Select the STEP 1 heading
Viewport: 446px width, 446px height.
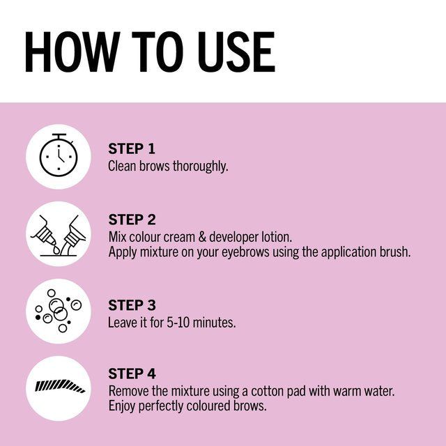[x=132, y=148]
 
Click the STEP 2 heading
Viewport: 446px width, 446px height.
[x=132, y=220]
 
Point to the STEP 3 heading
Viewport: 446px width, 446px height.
[x=132, y=305]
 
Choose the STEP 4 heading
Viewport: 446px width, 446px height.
[x=132, y=374]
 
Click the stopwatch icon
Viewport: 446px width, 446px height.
[x=59, y=155]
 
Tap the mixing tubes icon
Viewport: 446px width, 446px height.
[x=59, y=236]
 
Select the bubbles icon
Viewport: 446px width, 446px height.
[x=59, y=311]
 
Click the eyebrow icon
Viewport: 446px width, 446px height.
[x=60, y=386]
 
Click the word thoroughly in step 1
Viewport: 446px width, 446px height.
[x=201, y=167]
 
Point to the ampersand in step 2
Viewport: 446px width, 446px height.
[x=202, y=237]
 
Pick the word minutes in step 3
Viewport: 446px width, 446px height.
[x=214, y=323]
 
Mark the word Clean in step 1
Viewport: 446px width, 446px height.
[x=122, y=166]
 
